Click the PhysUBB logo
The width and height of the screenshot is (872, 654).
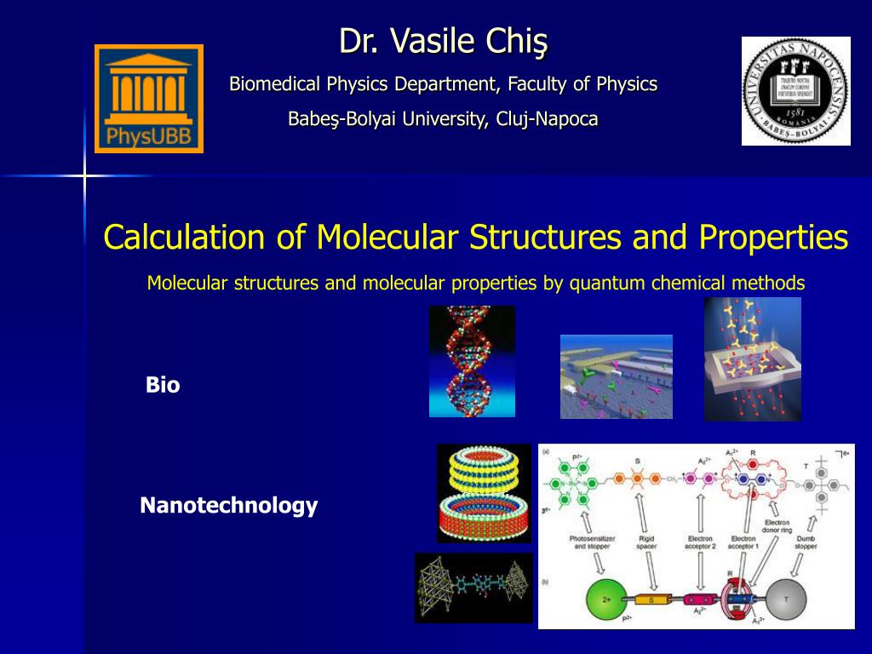(149, 99)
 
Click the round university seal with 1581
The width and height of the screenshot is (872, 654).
(795, 91)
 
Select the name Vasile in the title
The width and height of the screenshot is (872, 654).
(426, 40)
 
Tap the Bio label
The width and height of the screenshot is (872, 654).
(163, 385)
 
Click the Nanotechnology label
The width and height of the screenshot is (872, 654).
(228, 506)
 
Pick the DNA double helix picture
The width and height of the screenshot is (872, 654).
(472, 361)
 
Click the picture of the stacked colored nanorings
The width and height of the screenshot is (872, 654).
(484, 493)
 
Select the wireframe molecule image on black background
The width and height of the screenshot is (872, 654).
(473, 588)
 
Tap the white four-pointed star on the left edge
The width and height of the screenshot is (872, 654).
(84, 175)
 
